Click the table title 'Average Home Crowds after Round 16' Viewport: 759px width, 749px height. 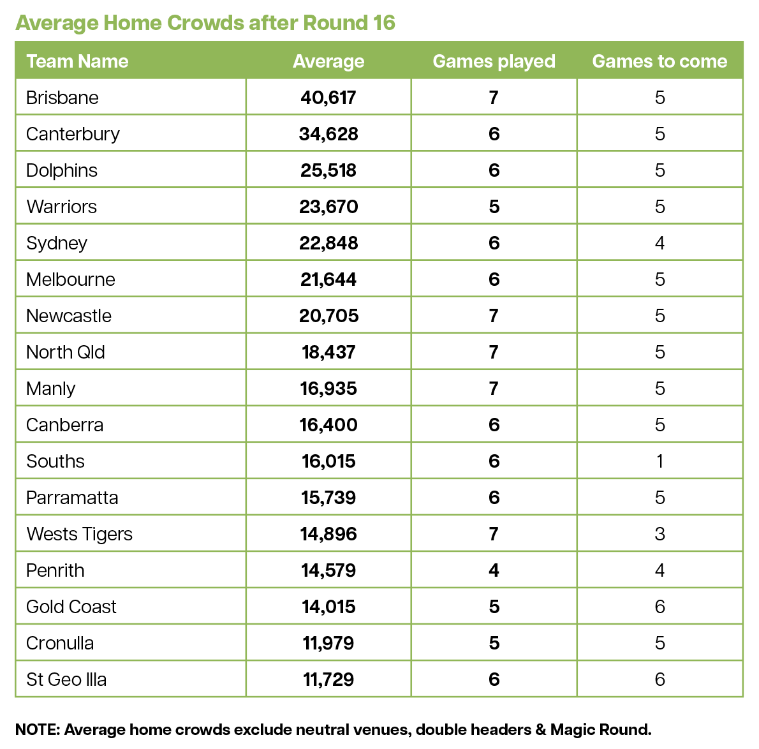click(205, 23)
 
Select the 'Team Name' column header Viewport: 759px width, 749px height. click(77, 61)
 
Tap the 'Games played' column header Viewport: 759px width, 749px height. click(494, 61)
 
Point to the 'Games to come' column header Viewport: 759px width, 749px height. click(660, 61)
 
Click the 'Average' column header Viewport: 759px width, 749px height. click(328, 61)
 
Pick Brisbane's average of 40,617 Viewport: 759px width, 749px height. click(328, 98)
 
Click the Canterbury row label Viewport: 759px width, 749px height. click(73, 134)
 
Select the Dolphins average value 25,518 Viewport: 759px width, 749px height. click(328, 170)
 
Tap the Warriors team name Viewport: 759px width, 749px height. click(61, 207)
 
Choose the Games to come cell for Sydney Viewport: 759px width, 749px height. click(660, 243)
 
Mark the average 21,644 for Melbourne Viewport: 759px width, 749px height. click(328, 279)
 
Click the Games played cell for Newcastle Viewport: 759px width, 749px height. click(494, 316)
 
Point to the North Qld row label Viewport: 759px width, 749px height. click(65, 352)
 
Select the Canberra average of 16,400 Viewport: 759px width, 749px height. click(328, 425)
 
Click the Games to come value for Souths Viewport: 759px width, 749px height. click(660, 461)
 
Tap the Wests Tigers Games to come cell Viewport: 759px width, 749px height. click(660, 534)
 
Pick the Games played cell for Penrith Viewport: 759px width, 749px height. click(494, 570)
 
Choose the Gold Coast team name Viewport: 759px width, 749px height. click(71, 607)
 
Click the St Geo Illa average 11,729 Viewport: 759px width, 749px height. click(328, 679)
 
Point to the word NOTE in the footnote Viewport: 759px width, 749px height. click(37, 730)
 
